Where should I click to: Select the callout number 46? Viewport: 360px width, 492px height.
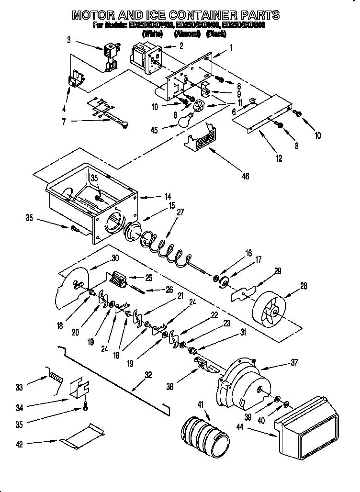pos(245,176)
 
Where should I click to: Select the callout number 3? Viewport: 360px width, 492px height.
pos(69,40)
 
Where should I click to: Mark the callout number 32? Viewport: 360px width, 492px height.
pos(148,375)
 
